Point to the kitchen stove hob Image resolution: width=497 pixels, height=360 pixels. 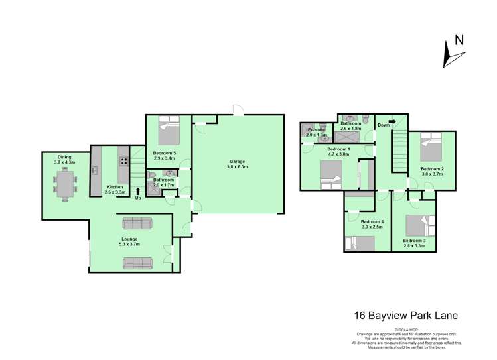123,160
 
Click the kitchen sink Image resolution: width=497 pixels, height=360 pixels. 96,170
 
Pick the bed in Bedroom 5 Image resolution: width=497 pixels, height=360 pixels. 169,131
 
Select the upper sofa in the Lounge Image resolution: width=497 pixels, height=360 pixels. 137,223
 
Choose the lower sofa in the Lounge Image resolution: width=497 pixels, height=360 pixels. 137,263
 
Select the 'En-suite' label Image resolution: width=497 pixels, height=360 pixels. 313,130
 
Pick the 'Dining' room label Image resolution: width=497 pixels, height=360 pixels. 64,157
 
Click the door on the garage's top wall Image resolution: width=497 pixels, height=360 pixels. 238,109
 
